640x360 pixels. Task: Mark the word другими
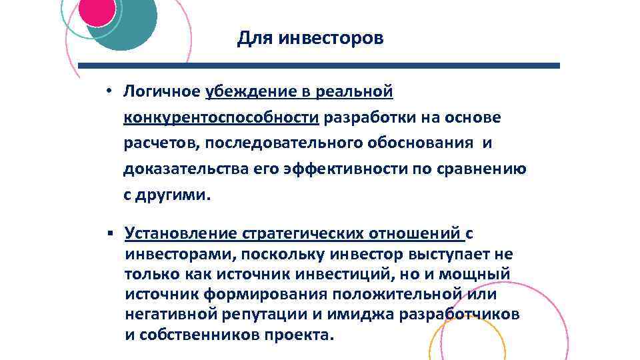pos(172,196)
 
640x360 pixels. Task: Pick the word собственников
pos(199,334)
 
